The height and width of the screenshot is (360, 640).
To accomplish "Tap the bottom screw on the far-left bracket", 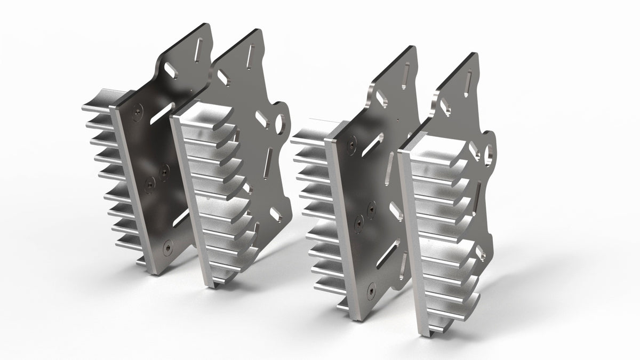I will coord(169,246).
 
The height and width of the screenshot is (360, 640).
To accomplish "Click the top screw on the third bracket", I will coord(353,142).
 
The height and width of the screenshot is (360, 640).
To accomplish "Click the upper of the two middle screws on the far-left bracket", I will coord(164,170).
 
